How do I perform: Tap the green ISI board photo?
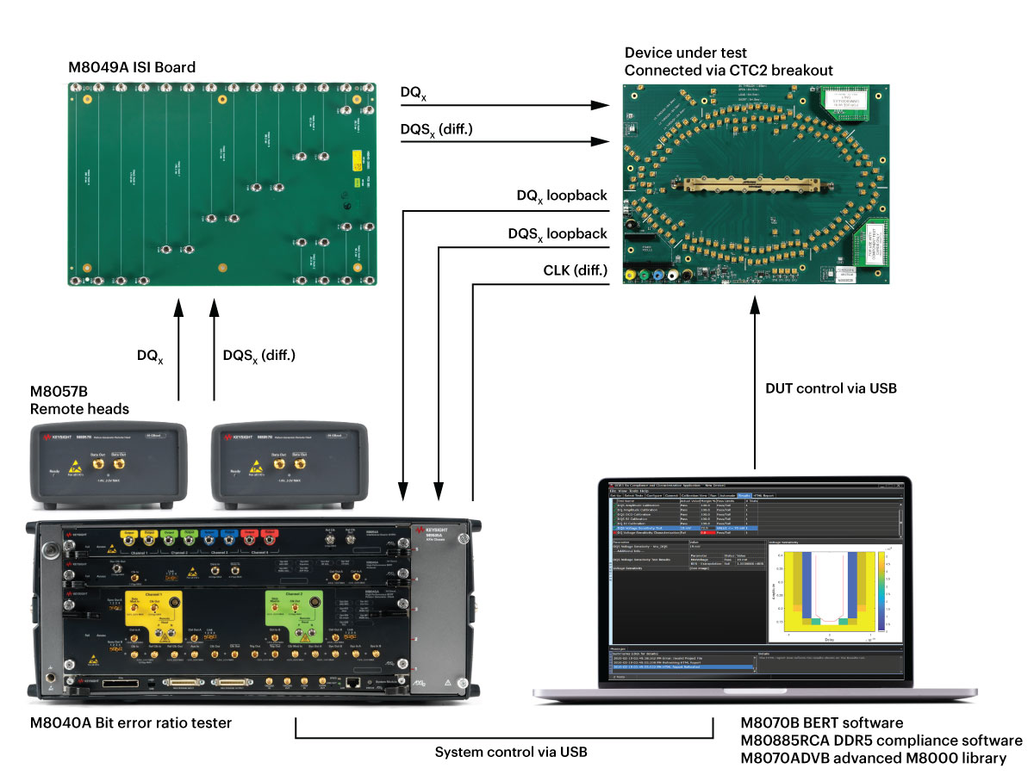click(x=221, y=185)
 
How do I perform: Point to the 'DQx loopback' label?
click(x=562, y=196)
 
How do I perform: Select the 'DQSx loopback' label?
click(x=557, y=233)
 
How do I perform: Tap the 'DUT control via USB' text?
click(x=831, y=388)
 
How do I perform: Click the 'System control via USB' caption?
click(x=510, y=752)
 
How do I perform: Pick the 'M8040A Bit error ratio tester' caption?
click(x=131, y=723)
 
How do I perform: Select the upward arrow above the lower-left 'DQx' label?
click(x=178, y=349)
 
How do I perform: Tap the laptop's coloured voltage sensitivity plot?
click(x=832, y=594)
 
